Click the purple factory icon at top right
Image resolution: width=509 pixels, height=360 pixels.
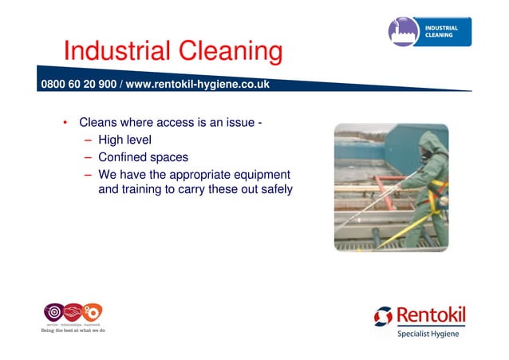(x=404, y=32)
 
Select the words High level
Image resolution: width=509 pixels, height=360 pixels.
(x=124, y=140)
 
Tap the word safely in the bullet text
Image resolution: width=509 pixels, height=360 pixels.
(x=274, y=190)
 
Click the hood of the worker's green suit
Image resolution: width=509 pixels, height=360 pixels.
(x=432, y=144)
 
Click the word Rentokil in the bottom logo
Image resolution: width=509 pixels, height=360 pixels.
(x=430, y=316)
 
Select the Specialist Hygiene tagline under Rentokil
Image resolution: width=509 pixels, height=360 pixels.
(x=428, y=334)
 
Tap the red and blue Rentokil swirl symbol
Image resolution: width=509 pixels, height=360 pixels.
(x=383, y=316)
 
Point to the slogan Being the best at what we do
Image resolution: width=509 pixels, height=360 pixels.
(x=73, y=330)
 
